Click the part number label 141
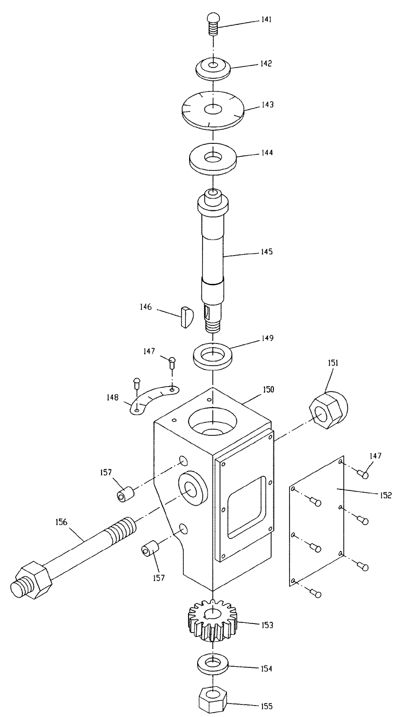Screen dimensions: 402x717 tap(266, 19)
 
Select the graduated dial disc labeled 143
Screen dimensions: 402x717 tap(213, 109)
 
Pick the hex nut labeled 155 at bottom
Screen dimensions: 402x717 tap(212, 699)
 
